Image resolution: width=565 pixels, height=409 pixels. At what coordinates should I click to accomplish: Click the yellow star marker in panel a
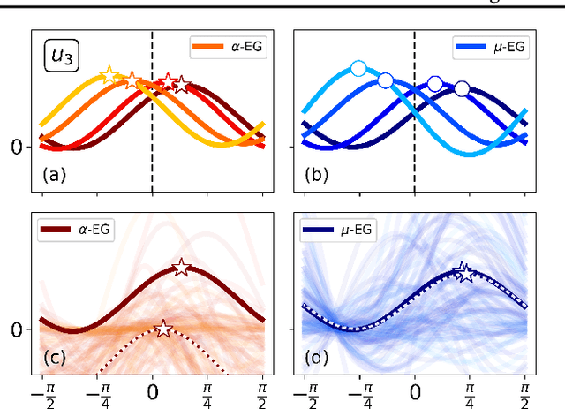coord(109,75)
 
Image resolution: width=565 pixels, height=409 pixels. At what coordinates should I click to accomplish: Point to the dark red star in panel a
coord(181,85)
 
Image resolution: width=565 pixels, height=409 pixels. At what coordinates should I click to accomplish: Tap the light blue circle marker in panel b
coord(358,68)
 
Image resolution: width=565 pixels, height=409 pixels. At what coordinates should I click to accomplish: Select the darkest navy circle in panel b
coord(462,88)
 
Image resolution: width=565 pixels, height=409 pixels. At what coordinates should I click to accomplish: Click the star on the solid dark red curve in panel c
coord(181,267)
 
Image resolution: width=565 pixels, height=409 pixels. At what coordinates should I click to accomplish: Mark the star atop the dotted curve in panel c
coord(163,329)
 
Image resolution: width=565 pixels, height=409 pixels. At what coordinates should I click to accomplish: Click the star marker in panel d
coord(462,271)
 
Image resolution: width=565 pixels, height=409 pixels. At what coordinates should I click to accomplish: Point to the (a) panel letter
coord(55,175)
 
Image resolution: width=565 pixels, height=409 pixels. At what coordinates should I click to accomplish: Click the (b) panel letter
coord(317,175)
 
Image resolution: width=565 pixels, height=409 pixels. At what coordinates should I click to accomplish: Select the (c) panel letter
coord(55,358)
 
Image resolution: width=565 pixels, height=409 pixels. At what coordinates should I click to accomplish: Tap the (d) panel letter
coord(317,358)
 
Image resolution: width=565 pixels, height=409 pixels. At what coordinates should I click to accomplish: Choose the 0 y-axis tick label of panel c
coord(16,329)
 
